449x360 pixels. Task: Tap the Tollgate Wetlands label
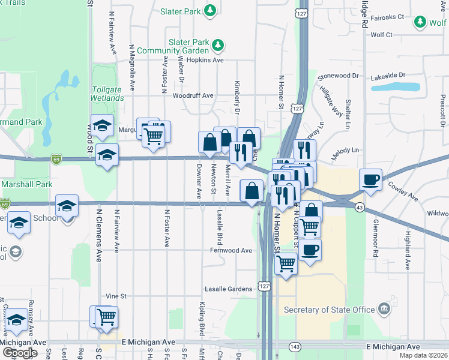pos(107,94)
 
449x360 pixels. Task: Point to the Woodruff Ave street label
pos(193,95)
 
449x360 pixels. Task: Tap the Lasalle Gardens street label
pos(228,289)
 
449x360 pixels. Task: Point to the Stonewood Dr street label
pos(338,76)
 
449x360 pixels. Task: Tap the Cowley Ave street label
pos(403,191)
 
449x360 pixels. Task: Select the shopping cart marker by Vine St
pos(106,316)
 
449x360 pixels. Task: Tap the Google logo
pos(20,353)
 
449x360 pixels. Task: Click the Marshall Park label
pos(26,184)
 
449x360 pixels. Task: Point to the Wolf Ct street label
pos(381,35)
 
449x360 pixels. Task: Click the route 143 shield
pos(295,347)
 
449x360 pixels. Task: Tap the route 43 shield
pos(359,207)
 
